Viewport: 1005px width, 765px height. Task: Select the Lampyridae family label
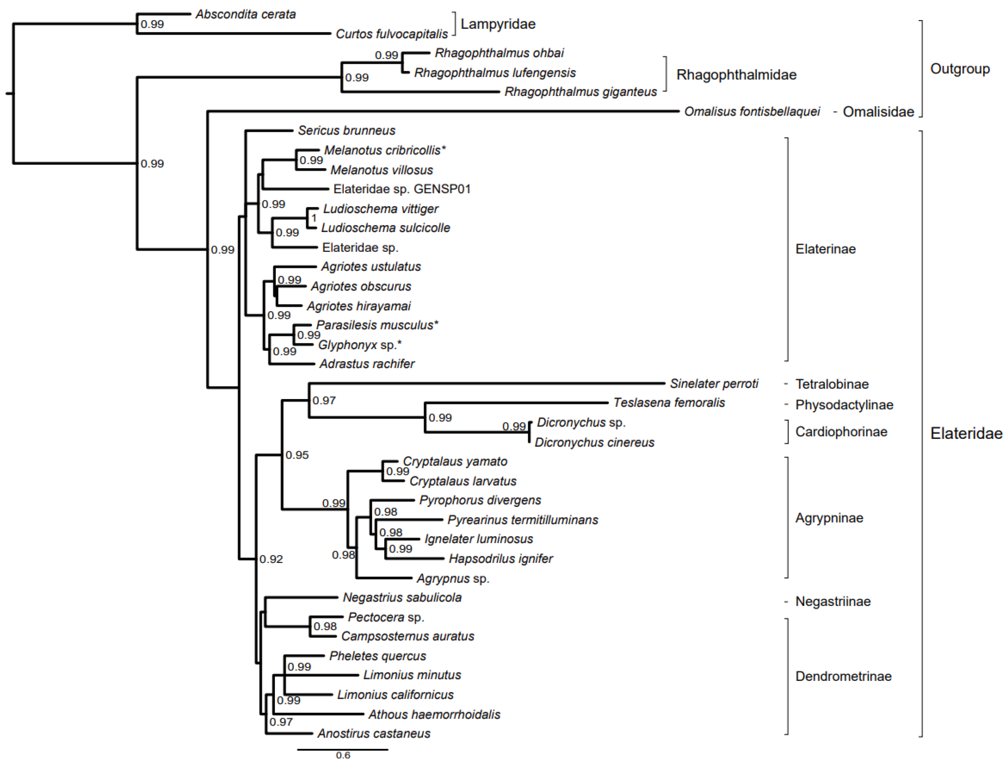498,24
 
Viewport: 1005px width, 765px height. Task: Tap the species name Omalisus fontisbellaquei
752,112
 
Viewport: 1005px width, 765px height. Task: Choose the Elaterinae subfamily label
825,249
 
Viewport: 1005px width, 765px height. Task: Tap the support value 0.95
297,455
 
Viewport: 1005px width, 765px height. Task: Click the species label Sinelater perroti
714,384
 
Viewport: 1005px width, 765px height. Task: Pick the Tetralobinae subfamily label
832,384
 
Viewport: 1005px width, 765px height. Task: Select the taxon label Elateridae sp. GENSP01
402,189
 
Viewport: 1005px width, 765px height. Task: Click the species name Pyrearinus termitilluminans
522,520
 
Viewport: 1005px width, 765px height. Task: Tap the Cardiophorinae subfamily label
841,432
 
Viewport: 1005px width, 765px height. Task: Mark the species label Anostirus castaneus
374,733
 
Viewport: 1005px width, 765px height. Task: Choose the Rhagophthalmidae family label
736,75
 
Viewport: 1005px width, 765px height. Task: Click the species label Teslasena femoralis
669,402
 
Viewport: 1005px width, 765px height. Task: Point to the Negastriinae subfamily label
833,602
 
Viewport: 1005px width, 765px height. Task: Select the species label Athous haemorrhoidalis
434,714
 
